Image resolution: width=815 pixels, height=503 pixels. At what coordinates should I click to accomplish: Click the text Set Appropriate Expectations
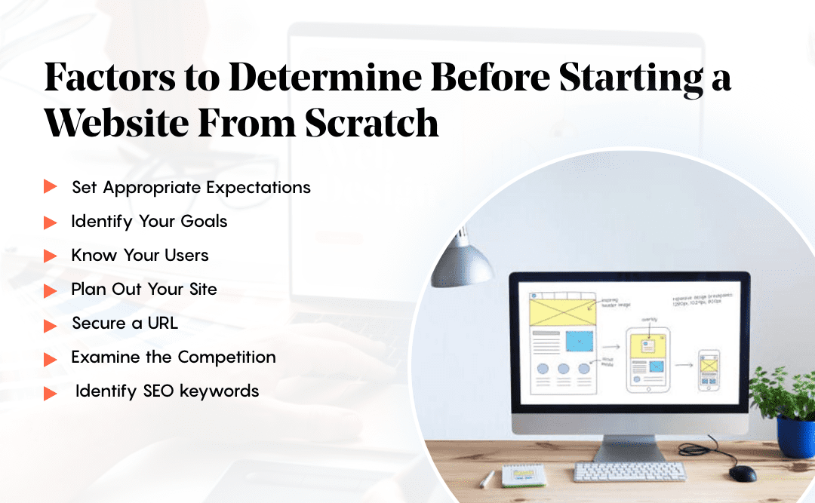[x=191, y=187]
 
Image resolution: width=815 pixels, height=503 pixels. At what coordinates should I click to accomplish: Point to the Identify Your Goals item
[x=149, y=221]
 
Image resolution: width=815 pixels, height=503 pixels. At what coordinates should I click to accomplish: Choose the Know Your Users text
[x=140, y=255]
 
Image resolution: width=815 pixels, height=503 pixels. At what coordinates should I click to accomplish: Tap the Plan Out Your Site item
[x=144, y=289]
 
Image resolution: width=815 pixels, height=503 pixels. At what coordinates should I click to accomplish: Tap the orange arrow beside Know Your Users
[x=51, y=256]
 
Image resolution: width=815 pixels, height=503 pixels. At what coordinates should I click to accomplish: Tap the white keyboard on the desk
[x=630, y=471]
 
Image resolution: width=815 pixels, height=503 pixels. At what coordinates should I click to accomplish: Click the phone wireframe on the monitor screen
[x=708, y=370]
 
